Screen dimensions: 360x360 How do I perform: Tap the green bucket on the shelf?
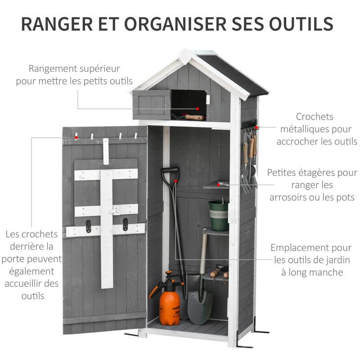(218, 215)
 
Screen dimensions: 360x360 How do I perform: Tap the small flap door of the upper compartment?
(152, 104)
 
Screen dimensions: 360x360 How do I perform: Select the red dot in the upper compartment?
(197, 108)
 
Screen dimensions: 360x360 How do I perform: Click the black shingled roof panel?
(234, 74)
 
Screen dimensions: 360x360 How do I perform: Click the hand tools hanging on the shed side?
(249, 157)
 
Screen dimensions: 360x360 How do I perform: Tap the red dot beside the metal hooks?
(256, 128)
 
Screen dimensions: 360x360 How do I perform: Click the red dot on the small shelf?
(219, 184)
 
